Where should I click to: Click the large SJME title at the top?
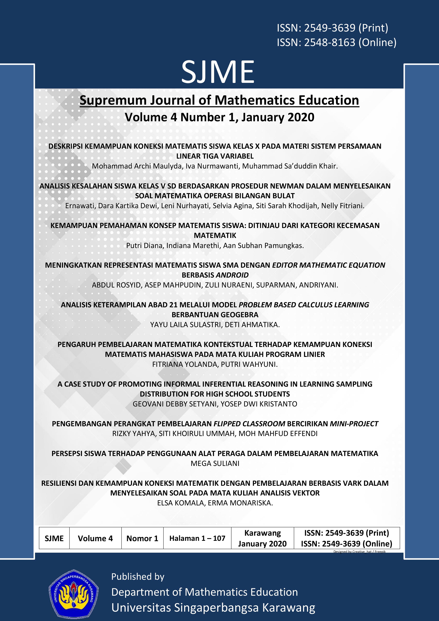coord(218,72)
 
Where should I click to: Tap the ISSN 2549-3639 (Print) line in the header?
coord(332,28)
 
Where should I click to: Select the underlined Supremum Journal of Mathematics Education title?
coord(219,100)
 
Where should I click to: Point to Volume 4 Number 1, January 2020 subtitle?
coord(219,117)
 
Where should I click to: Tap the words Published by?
coord(138,576)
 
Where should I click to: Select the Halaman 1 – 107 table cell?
coord(197,538)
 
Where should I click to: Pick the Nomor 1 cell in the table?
coord(142,538)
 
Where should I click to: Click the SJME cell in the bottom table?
coord(54,538)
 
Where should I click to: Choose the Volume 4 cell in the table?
coord(95,538)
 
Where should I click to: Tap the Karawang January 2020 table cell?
coord(262,538)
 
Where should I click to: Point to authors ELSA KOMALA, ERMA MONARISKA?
coord(215,503)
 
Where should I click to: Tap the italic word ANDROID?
coord(232,275)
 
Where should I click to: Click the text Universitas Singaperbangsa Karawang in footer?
coord(213,608)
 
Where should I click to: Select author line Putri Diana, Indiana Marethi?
coord(215,246)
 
